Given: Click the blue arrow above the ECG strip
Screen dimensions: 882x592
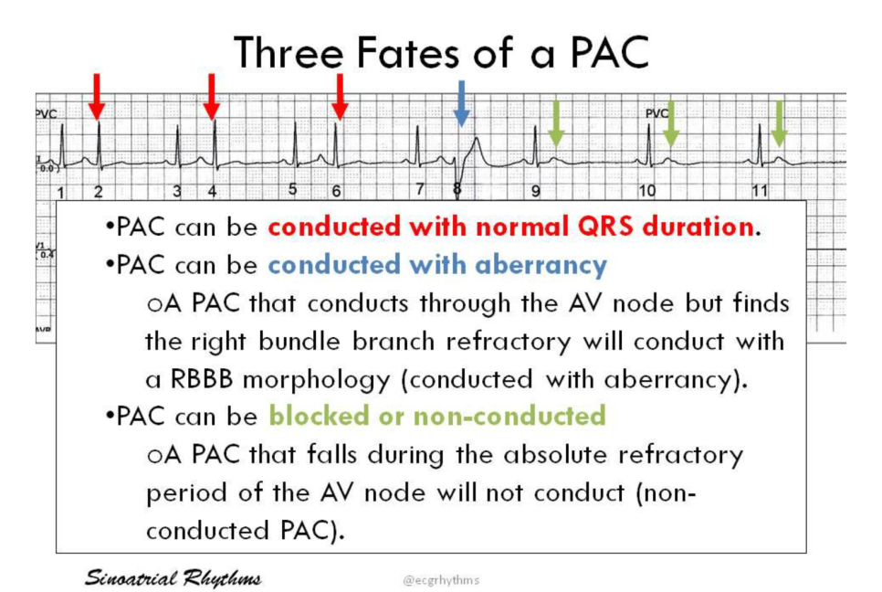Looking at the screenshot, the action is pyautogui.click(x=461, y=103).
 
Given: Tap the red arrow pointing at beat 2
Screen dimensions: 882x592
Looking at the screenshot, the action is pyautogui.click(x=97, y=97).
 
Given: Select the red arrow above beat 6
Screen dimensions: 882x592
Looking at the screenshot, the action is pyautogui.click(x=339, y=97).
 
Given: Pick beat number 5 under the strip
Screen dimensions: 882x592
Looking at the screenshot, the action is pyautogui.click(x=292, y=189).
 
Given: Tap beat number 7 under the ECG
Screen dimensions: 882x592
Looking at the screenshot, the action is pyautogui.click(x=420, y=189).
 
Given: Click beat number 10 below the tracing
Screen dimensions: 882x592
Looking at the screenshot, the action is pyautogui.click(x=646, y=191).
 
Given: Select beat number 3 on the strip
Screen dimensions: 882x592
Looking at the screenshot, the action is pyautogui.click(x=176, y=191).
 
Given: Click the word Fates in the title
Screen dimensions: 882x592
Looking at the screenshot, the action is pyautogui.click(x=407, y=52).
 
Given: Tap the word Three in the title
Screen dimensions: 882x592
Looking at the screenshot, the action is pyautogui.click(x=289, y=52).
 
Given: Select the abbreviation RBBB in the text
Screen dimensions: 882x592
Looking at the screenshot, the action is pyautogui.click(x=202, y=379).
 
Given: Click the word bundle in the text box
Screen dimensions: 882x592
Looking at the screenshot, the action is pyautogui.click(x=299, y=342).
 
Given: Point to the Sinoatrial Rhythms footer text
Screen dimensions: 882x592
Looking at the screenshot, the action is pyautogui.click(x=173, y=578).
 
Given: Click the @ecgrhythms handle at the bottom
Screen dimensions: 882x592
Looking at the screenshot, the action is pyautogui.click(x=442, y=579).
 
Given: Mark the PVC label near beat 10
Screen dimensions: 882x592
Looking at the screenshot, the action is pyautogui.click(x=656, y=113).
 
